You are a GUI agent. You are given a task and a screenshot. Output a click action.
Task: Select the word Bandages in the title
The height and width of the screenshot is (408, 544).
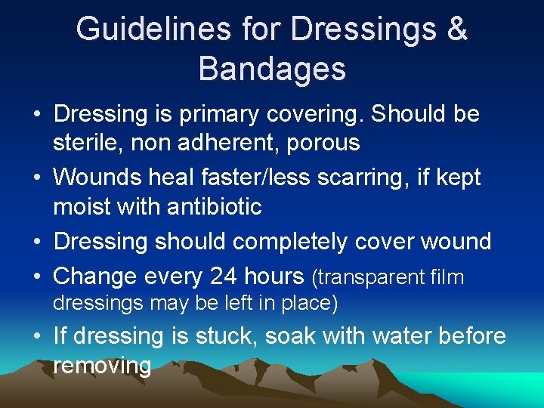(272, 69)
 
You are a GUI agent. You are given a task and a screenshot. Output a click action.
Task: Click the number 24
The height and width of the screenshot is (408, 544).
(224, 277)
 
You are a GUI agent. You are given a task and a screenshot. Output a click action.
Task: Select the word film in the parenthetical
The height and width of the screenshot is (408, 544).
(447, 277)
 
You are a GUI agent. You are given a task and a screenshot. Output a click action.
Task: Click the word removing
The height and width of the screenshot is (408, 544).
(102, 366)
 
